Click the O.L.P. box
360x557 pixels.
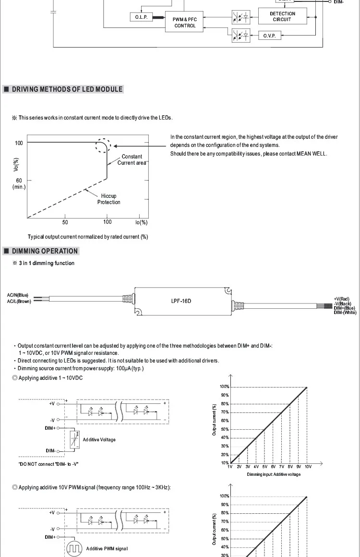[141, 17]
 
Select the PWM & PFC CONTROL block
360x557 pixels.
[185, 22]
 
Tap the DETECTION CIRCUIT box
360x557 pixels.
[282, 16]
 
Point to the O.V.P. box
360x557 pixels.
[269, 36]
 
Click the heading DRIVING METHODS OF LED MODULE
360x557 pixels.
[67, 89]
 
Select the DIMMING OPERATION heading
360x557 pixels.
[45, 251]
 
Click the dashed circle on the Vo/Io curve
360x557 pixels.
[103, 145]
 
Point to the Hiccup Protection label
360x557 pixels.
[108, 199]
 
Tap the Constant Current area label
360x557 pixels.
[132, 159]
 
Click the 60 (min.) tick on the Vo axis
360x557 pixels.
[19, 183]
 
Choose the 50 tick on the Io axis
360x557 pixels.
[65, 222]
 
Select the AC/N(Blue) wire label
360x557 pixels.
[18, 295]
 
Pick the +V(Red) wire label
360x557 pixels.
[342, 299]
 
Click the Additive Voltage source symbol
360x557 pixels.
[74, 439]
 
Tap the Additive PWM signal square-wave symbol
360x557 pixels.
[74, 549]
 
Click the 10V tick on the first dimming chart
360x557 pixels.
[308, 466]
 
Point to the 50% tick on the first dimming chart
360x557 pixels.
[224, 429]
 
